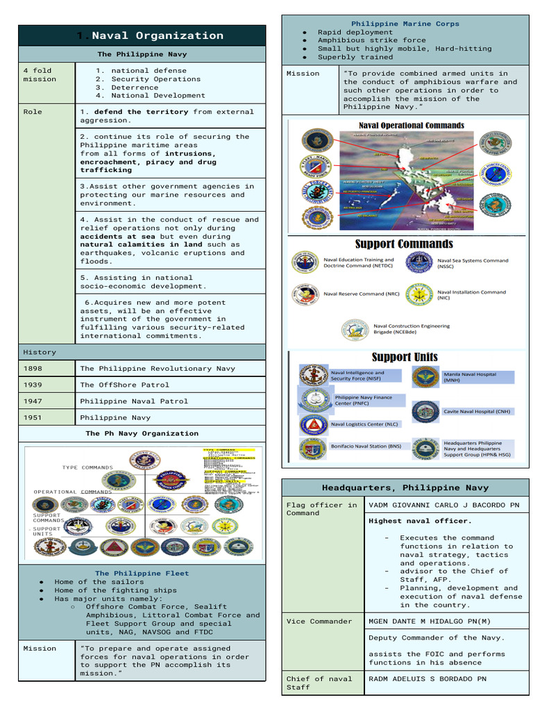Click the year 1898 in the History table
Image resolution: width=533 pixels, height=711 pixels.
[33, 369]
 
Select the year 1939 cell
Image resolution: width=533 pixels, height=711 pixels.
[33, 385]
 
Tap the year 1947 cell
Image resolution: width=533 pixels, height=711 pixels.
[33, 401]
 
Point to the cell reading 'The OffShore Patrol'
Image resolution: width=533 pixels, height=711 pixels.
[124, 385]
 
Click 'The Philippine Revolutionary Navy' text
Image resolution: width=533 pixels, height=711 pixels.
[158, 369]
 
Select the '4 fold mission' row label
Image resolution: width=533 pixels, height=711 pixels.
[40, 75]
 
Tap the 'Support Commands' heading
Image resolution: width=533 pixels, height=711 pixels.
[404, 244]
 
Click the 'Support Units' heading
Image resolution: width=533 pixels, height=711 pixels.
[405, 357]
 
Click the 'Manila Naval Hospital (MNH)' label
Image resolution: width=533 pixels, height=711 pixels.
[471, 377]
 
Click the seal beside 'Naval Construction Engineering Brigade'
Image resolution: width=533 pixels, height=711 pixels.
[355, 329]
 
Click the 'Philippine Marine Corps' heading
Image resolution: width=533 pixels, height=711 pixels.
[405, 24]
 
